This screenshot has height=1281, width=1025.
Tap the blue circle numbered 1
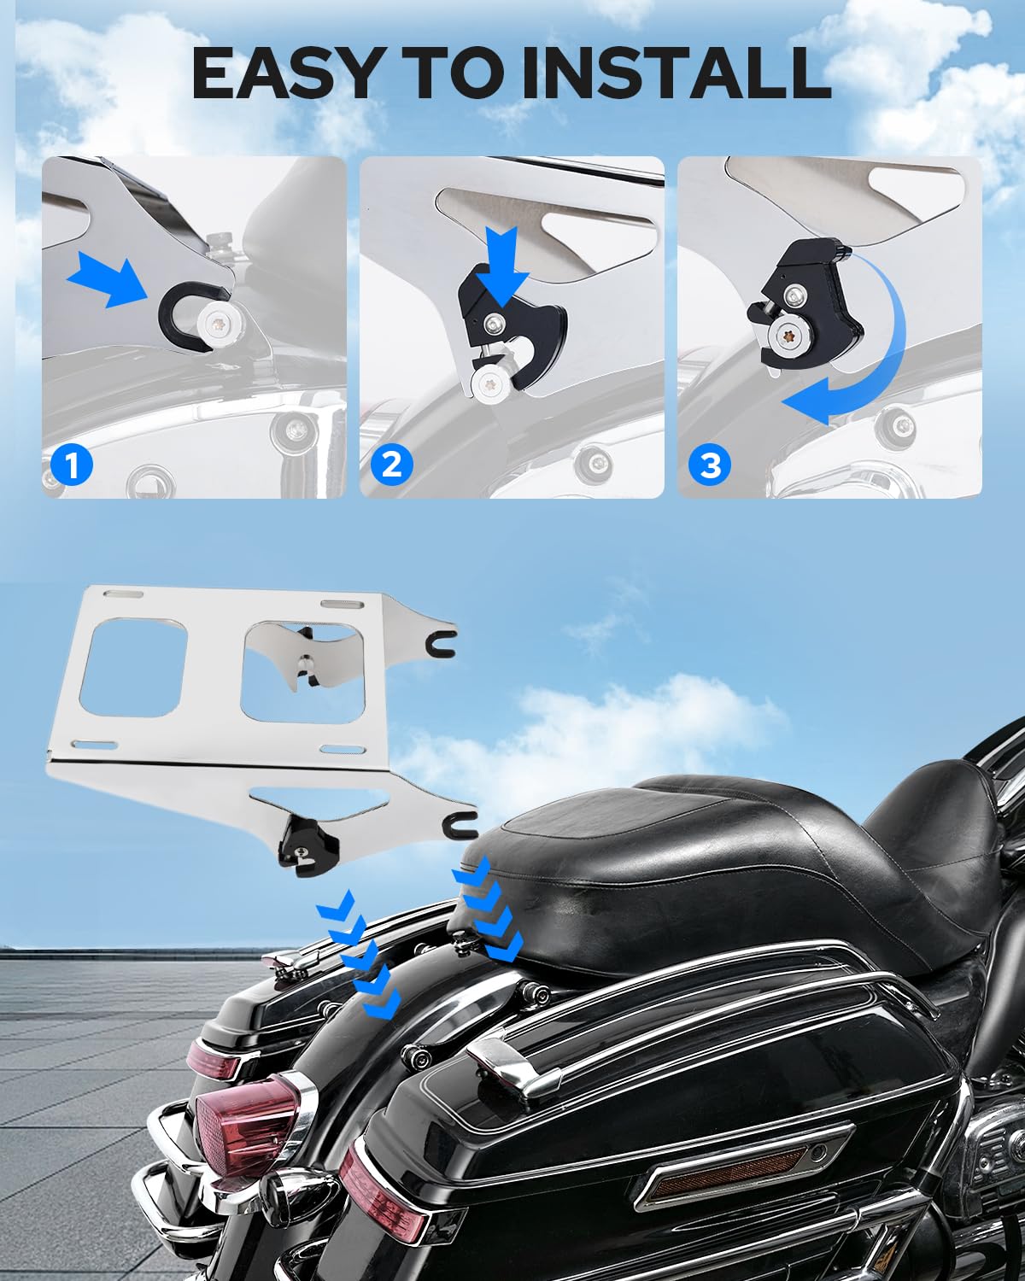[x=72, y=465]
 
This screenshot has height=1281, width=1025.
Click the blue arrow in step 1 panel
[x=109, y=276]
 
